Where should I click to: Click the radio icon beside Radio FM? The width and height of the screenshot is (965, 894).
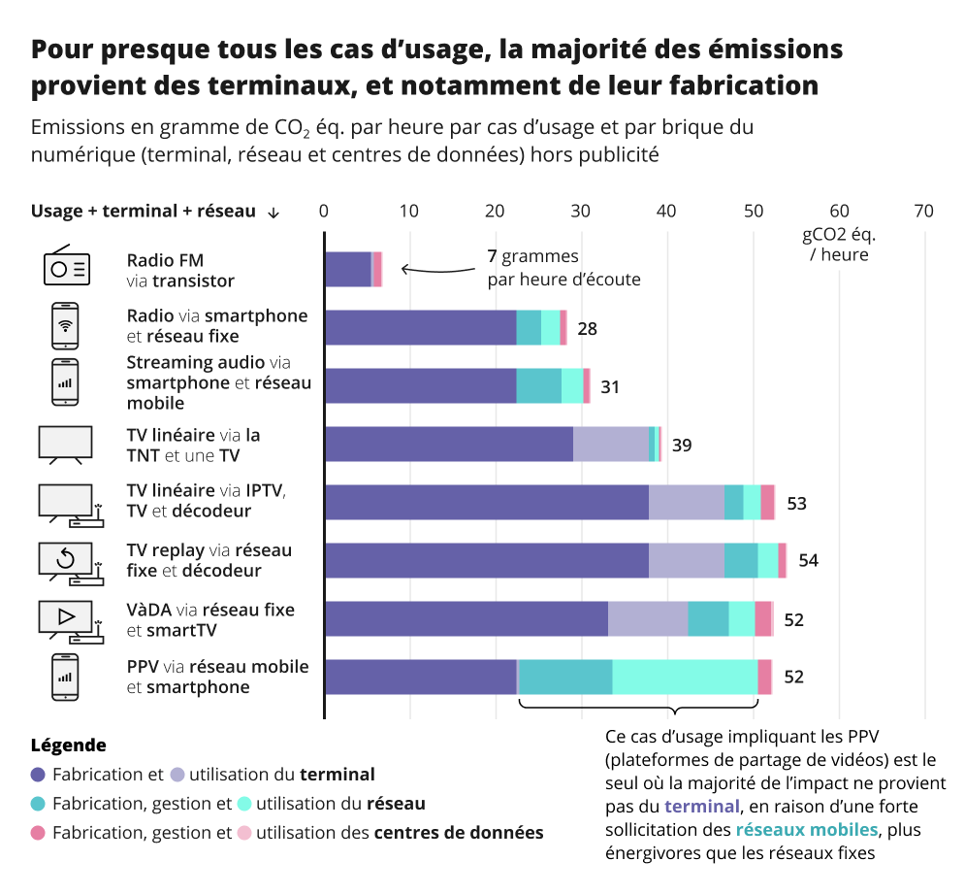[67, 267]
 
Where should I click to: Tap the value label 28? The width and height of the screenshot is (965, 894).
[587, 328]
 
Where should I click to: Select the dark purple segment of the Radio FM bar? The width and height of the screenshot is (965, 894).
[347, 269]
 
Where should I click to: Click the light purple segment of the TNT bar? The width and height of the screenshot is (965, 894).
[610, 444]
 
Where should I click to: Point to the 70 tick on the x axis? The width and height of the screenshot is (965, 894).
[923, 211]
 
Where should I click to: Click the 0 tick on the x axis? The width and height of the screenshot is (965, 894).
[324, 211]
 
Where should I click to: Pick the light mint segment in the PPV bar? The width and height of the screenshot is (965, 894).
[684, 677]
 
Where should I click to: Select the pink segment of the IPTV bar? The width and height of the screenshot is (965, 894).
[767, 502]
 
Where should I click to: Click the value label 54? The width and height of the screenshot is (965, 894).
[808, 560]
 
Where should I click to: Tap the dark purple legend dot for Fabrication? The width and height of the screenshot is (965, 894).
[39, 775]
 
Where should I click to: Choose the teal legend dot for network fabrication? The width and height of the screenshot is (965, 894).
[39, 804]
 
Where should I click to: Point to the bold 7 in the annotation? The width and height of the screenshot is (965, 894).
[492, 257]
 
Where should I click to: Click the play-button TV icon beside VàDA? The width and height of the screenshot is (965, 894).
[68, 620]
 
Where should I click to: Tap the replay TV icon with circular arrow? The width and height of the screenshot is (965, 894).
[68, 562]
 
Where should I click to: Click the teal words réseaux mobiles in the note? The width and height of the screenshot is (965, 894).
[805, 830]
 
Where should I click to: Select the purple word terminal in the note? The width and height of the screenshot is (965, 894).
[700, 807]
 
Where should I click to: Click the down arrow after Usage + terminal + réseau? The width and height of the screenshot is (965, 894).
[273, 213]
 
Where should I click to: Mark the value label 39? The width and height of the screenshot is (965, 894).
[682, 446]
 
